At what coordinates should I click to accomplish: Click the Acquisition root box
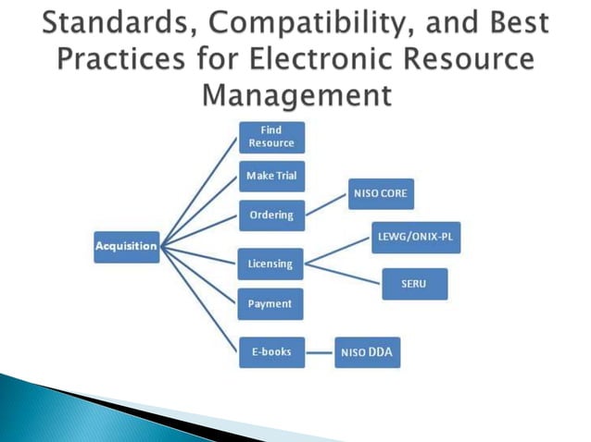(126, 245)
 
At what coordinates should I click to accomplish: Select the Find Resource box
(271, 138)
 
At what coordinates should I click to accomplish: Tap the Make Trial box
(271, 176)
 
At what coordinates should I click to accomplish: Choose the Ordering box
(271, 215)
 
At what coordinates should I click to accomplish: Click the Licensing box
(270, 264)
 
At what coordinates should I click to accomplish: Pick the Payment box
(270, 303)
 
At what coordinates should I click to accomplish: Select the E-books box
(271, 352)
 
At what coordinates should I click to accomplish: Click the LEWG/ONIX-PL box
(415, 238)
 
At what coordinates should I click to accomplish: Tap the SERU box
(414, 284)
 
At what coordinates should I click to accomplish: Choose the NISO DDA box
(368, 352)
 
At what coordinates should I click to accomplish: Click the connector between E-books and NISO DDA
(319, 352)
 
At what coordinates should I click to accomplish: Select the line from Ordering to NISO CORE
(325, 205)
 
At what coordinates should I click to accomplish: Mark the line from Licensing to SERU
(343, 274)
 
